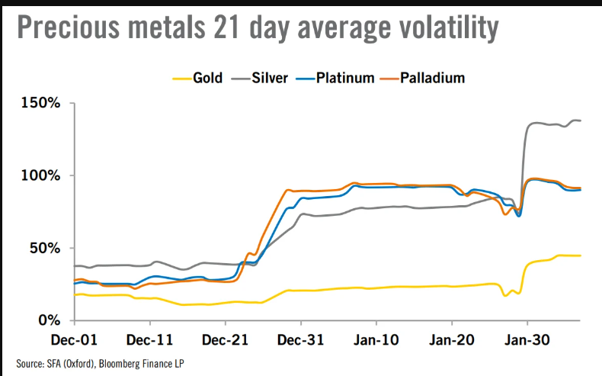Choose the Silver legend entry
271,78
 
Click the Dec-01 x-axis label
74,337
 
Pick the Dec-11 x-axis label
149,337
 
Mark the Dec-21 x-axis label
226,337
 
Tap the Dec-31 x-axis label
302,337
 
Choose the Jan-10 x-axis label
376,337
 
